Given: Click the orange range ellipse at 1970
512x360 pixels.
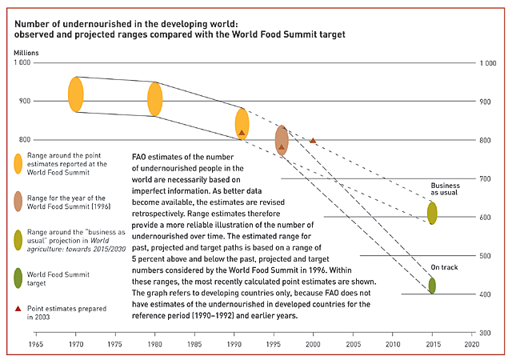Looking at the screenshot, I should pos(76,94).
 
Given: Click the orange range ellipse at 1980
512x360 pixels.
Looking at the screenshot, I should pos(155,98).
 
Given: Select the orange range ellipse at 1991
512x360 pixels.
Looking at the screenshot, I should pos(242,125).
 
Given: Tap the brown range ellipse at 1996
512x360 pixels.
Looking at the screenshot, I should pos(282,140).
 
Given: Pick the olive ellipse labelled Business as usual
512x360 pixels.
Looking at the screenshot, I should pos(432,213).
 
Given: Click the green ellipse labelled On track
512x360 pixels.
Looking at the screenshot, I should pos(432,286).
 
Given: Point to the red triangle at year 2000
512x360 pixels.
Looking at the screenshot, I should pos(313,140).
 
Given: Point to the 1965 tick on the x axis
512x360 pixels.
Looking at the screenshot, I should pos(36,344).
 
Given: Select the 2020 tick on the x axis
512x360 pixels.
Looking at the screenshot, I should pos(470,344).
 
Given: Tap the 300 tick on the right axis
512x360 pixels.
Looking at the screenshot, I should pos(485,333).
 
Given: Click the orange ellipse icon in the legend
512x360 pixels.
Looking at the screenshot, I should pos(18,163).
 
